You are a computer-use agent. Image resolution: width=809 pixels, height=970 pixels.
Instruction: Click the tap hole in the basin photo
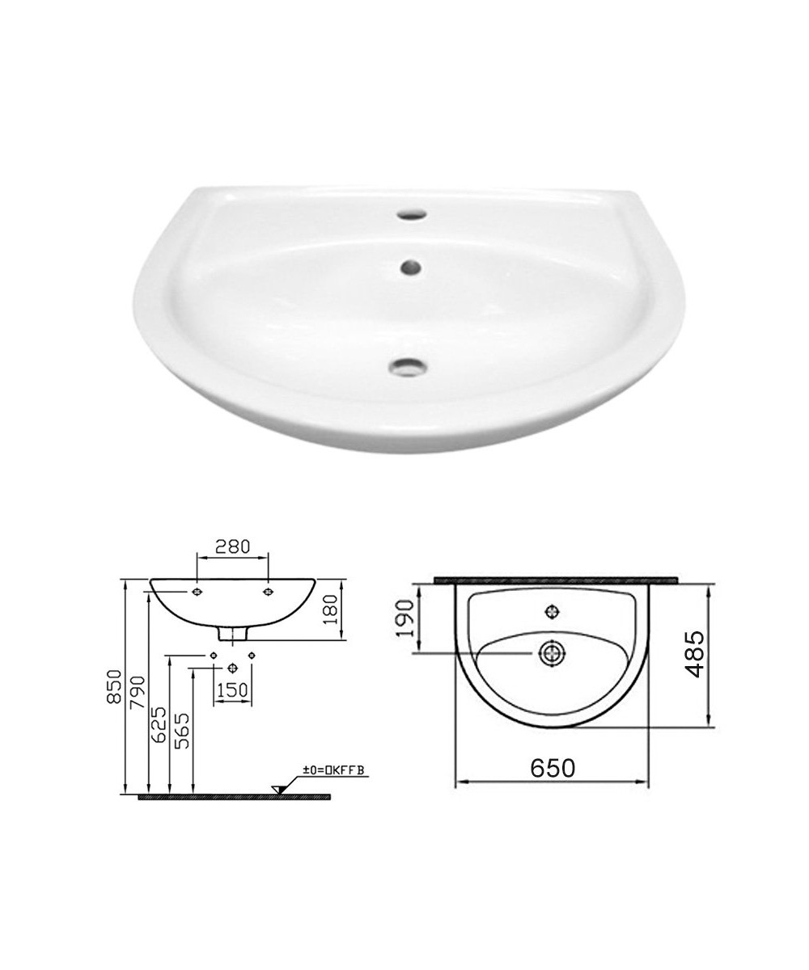412,215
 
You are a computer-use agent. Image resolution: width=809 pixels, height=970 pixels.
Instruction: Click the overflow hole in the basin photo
411,267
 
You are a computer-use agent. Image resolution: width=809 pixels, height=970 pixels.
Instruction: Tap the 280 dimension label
232,546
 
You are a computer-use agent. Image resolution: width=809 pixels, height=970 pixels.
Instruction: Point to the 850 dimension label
114,686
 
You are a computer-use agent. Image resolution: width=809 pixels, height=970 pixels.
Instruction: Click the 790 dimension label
138,692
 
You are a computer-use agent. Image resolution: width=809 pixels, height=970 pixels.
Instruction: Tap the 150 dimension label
232,690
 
